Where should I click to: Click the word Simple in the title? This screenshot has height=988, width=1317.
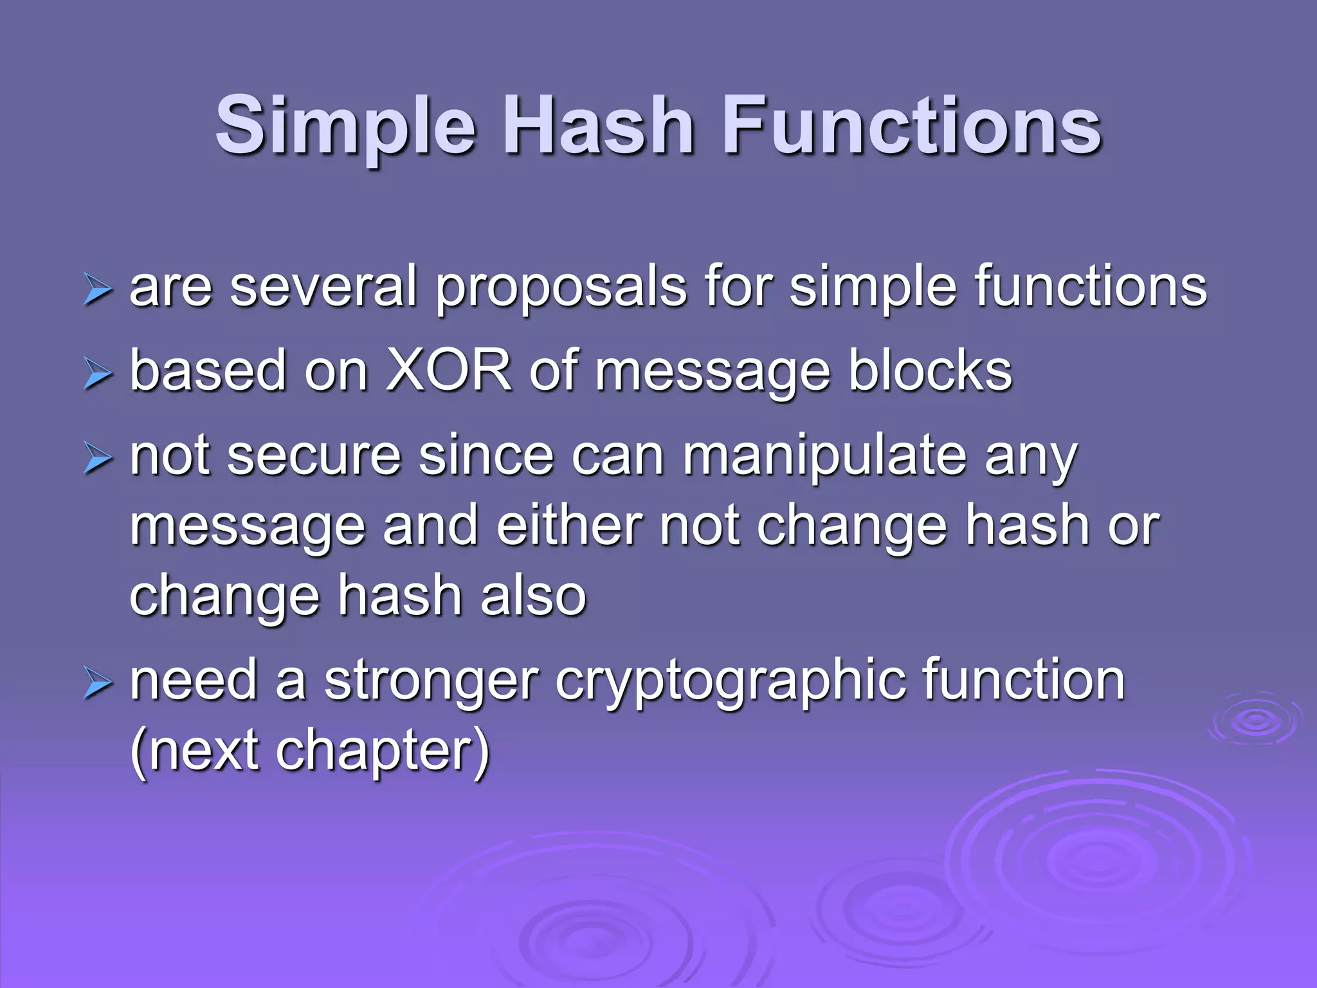pos(345,125)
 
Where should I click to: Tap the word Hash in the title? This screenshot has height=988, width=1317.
pos(598,125)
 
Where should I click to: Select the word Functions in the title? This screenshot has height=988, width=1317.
pos(913,125)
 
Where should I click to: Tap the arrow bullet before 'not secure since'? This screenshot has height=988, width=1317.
pos(97,459)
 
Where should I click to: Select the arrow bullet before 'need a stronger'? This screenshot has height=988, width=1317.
pos(97,684)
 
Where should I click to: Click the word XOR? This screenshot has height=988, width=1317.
pos(449,371)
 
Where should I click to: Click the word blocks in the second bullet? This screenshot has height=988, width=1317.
pos(930,371)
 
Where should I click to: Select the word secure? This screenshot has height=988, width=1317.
pos(314,456)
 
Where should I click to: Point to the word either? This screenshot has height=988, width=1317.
pos(569,526)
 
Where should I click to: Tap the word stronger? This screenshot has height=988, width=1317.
pos(431,682)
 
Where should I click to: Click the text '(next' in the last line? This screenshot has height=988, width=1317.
pos(194,751)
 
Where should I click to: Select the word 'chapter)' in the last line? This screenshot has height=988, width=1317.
pos(383,751)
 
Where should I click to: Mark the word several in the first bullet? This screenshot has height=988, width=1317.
pos(323,288)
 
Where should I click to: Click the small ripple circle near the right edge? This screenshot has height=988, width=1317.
pos(1255,720)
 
